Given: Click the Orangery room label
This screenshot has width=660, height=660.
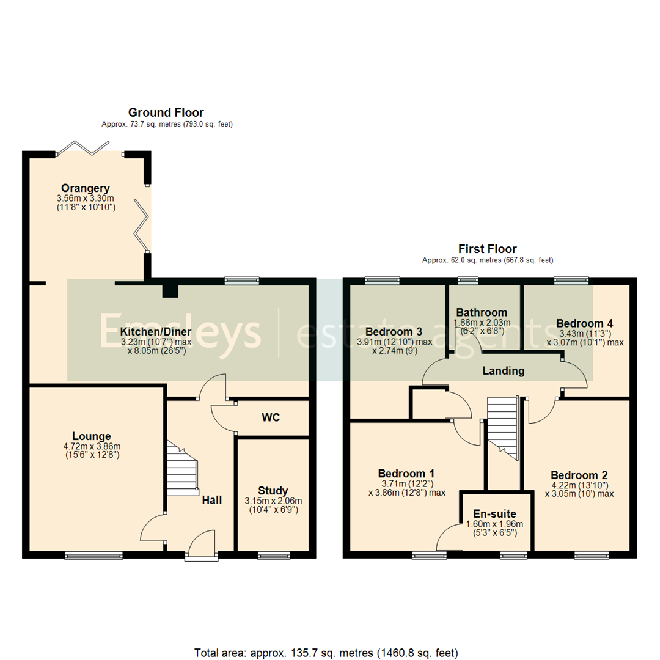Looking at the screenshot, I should coord(85,188).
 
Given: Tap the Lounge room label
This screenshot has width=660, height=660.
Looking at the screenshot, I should coord(92,436).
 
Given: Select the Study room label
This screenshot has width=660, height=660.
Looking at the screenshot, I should coord(273,490).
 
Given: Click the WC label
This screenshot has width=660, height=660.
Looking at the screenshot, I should coord(271,418).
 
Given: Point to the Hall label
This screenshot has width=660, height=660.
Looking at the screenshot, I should coord(212,500).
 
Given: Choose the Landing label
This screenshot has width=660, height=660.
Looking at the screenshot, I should coord(503,371).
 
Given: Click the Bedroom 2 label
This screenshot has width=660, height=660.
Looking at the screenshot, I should coord(579,475).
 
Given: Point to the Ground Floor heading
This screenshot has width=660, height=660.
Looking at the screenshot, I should coord(166,112).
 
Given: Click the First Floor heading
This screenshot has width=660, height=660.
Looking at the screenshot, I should coord(487,249).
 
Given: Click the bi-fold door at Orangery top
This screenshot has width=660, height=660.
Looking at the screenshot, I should coord(89,148).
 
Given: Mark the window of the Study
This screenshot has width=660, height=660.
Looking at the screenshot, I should coord(274,555).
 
